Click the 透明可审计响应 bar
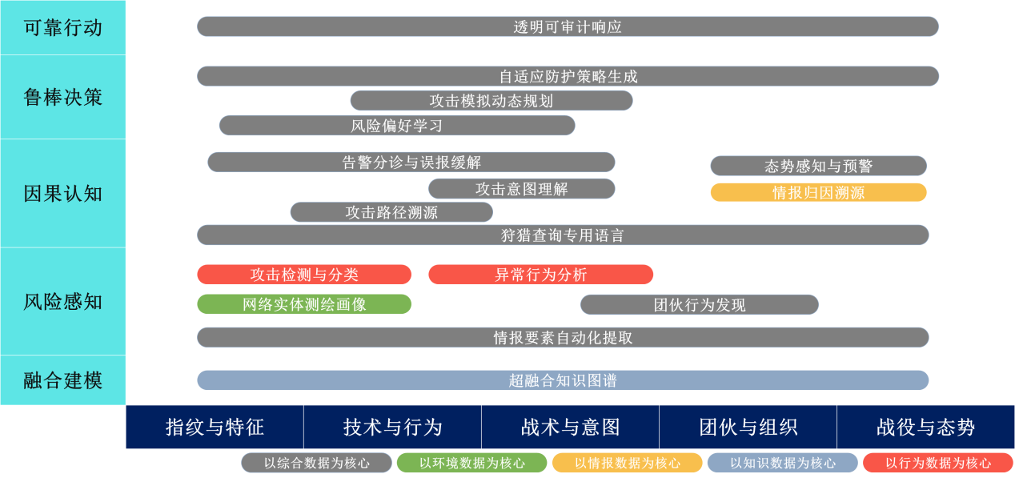tap(568, 26)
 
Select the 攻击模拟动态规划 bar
tap(491, 101)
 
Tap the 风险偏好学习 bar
tap(397, 126)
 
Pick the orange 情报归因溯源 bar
tap(818, 192)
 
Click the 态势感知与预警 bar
tap(818, 166)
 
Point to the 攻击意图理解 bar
tap(521, 189)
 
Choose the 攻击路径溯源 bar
tap(391, 212)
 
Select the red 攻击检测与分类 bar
tap(304, 275)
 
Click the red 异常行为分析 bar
tap(540, 275)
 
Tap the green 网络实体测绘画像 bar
tap(304, 304)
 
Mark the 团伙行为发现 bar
tap(699, 305)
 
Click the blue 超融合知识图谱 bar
tap(563, 380)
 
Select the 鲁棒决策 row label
tap(63, 97)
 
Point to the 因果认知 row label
tap(63, 193)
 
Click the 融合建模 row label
tap(63, 380)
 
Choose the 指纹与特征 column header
tap(215, 427)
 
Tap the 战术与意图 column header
tap(570, 427)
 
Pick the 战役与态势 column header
tap(925, 427)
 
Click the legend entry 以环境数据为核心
tap(472, 463)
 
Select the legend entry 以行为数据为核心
tap(938, 463)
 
